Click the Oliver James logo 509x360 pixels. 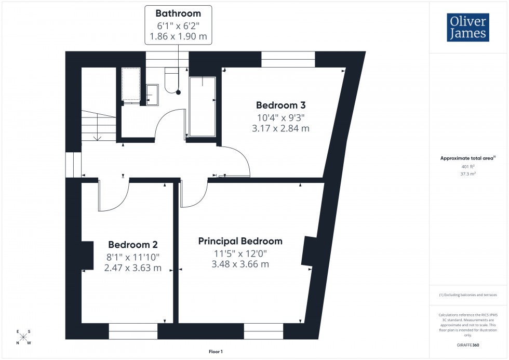tap(468, 28)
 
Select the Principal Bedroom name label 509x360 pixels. tap(240, 241)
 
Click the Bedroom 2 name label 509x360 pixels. tap(132, 244)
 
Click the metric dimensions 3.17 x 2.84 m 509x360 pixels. tap(280, 128)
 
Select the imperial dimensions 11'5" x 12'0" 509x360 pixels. tap(240, 254)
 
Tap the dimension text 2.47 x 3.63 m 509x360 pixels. tap(132, 269)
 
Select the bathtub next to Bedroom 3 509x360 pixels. tap(203, 106)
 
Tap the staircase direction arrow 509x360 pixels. tap(97, 136)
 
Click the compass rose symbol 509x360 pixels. tap(23, 337)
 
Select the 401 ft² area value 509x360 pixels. tap(468, 167)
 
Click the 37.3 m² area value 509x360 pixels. tap(468, 175)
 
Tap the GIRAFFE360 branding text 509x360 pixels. tap(468, 344)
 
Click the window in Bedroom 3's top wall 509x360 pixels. tap(288, 59)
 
